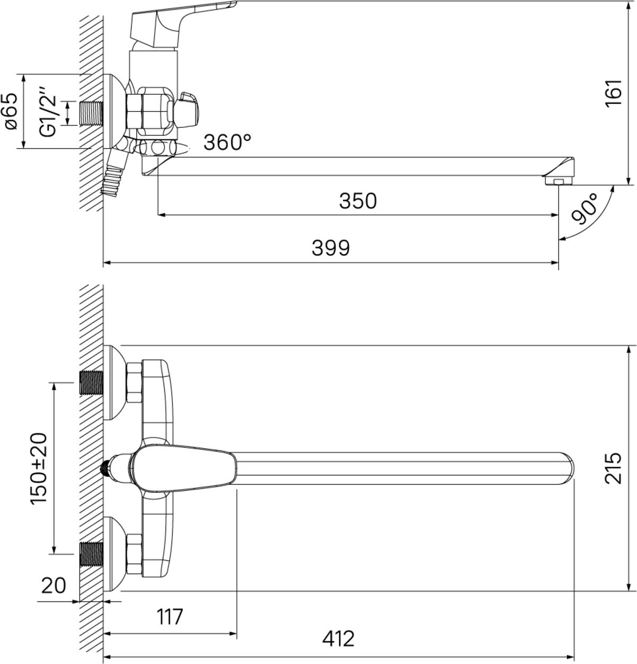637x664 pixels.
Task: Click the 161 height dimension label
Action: (x=613, y=93)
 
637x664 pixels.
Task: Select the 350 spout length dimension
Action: (x=358, y=201)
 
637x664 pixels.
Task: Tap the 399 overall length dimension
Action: (x=331, y=248)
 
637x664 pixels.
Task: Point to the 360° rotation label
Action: (x=227, y=142)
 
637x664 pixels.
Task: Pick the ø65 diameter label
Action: (x=11, y=111)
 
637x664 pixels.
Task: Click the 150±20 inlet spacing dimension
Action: (x=38, y=468)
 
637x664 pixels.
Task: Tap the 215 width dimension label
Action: (x=613, y=468)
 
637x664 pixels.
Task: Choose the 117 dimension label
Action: (x=170, y=617)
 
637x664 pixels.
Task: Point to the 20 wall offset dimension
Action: (x=54, y=586)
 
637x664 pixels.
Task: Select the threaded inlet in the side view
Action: (x=91, y=113)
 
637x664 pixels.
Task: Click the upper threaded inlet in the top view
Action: (x=91, y=383)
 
